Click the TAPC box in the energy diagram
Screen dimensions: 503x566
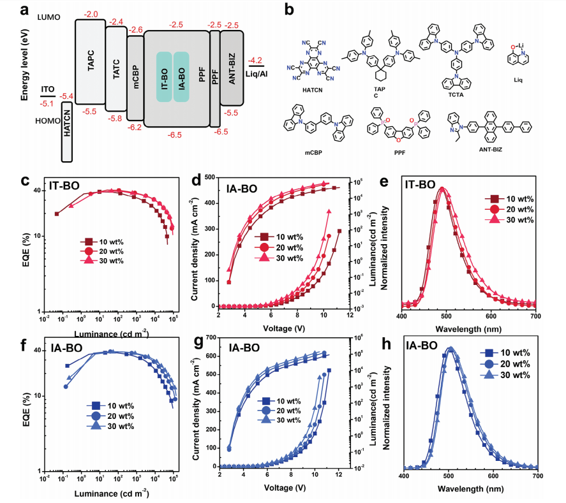click(x=89, y=62)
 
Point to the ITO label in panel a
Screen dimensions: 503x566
click(x=47, y=89)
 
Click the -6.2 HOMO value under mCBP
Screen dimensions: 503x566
click(x=135, y=128)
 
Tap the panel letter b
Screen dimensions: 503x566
click(x=288, y=10)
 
